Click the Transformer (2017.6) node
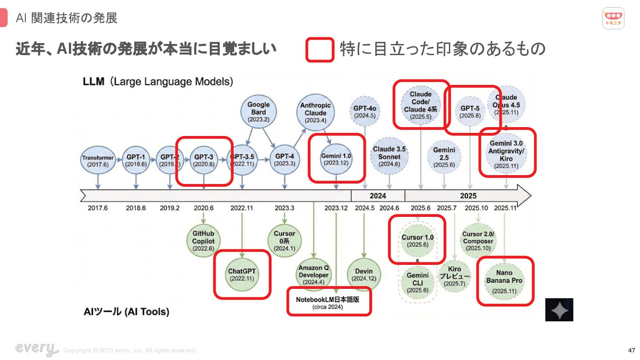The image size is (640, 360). coord(98,161)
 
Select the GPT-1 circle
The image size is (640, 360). coord(136,160)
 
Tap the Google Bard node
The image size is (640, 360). coord(259,112)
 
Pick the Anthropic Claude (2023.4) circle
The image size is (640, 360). coord(316,112)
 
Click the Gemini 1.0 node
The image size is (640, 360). coord(336,159)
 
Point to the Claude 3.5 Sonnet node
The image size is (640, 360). coord(389,156)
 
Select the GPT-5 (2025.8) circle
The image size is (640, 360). coord(470,112)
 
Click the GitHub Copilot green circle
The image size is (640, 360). coord(204,241)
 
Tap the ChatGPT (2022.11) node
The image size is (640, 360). coord(242,274)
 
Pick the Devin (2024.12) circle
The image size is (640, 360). coord(364,274)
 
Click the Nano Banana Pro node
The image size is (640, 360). coord(504,281)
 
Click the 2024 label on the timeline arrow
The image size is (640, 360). coord(378,196)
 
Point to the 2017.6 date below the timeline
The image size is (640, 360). coord(97,208)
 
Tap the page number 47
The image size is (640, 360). coord(632,350)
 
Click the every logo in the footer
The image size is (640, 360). coord(36,349)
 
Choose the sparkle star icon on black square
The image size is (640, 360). coord(559,310)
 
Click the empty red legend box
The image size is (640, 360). coord(320,50)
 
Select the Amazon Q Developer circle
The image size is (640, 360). coord(314,274)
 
